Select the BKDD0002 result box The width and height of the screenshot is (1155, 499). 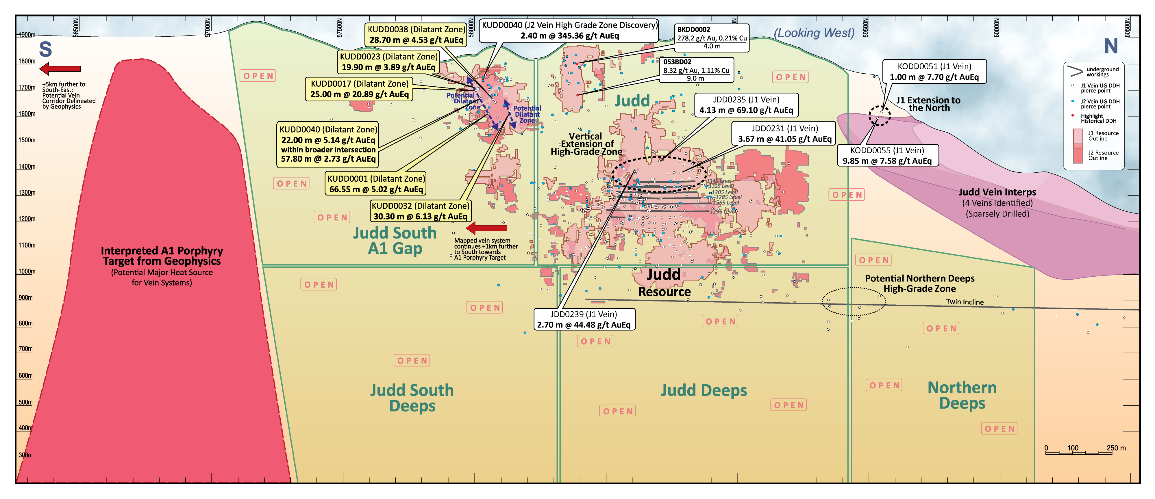(711, 38)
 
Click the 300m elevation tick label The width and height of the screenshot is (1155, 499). (25, 455)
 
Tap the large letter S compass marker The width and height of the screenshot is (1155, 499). (45, 49)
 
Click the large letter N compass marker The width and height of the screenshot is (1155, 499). (1110, 46)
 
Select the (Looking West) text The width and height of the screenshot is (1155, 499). (814, 33)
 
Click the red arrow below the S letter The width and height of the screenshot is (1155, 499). (60, 68)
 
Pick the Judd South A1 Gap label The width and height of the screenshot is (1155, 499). (395, 241)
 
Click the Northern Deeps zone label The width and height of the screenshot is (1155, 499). (962, 395)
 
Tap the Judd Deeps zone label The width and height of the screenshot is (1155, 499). (704, 390)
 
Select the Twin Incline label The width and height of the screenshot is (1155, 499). (965, 302)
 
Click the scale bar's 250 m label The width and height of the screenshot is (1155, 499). (1115, 448)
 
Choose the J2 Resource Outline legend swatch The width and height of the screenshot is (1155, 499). (1078, 155)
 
